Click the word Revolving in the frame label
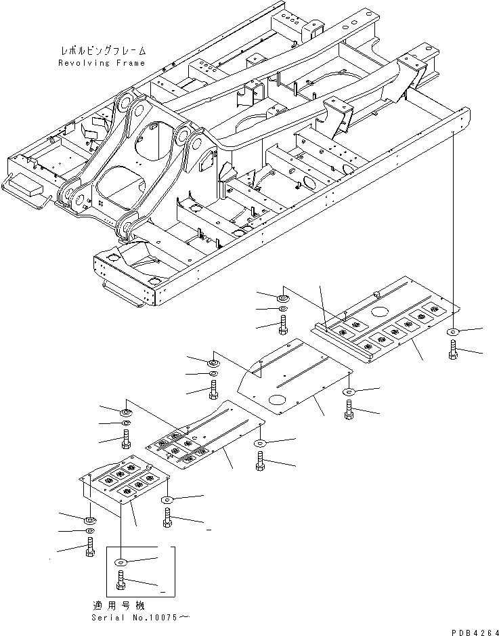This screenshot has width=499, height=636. click(x=80, y=63)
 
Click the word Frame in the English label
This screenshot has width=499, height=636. click(x=131, y=63)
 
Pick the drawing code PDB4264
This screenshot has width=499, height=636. click(x=471, y=630)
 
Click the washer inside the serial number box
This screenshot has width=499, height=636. click(x=121, y=561)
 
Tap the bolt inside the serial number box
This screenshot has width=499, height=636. click(x=121, y=580)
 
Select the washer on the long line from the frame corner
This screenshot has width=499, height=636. click(x=452, y=333)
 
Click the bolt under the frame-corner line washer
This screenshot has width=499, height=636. click(x=452, y=351)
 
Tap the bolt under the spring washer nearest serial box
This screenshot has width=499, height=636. click(x=90, y=547)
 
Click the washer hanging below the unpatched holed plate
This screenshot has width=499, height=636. click(x=349, y=392)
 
